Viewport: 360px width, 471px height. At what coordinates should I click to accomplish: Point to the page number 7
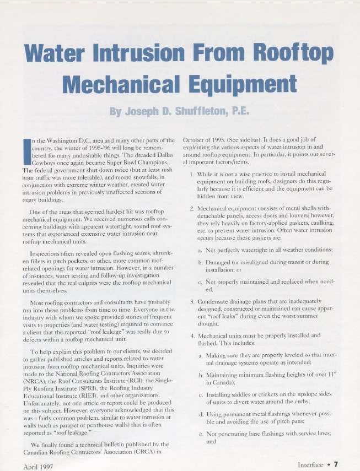[x=335, y=464]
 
